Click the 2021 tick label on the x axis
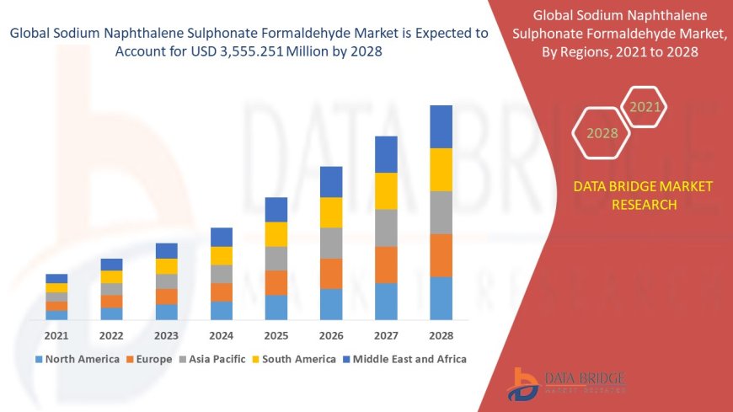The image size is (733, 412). [56, 334]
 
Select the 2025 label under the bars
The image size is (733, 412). [276, 334]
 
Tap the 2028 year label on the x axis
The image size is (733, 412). [441, 334]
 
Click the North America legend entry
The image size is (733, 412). [77, 359]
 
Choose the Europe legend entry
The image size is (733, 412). [152, 359]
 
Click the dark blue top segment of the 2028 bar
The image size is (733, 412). [441, 126]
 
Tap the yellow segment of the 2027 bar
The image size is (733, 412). [386, 190]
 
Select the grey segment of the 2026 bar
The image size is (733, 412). [331, 243]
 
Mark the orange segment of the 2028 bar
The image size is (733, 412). [441, 255]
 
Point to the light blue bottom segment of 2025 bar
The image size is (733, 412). [276, 308]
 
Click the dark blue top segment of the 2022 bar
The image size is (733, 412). [111, 265]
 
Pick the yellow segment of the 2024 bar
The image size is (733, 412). [222, 255]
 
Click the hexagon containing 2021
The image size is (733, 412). [645, 107]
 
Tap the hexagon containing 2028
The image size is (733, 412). [602, 133]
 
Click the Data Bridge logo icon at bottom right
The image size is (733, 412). [525, 383]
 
